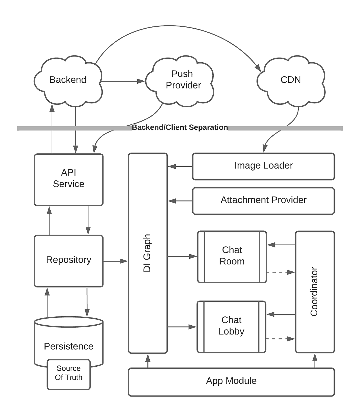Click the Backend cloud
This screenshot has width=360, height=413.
tap(68, 80)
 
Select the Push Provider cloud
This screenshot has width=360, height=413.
tap(183, 80)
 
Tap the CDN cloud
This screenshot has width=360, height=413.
tap(291, 80)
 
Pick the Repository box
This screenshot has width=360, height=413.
tap(69, 260)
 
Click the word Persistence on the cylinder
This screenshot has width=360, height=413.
tap(69, 346)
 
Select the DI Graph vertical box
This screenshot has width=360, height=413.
tap(148, 253)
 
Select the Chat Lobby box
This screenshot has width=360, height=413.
tap(231, 326)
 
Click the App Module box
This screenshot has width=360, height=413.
tap(231, 381)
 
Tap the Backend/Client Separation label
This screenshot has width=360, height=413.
tap(180, 128)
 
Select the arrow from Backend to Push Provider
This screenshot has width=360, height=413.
tap(123, 81)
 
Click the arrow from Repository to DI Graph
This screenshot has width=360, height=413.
tap(115, 261)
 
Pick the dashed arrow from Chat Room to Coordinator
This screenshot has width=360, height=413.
tap(280, 272)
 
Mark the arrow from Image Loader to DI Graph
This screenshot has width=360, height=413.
tap(180, 167)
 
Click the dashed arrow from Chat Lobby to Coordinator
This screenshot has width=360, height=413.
tap(280, 339)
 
